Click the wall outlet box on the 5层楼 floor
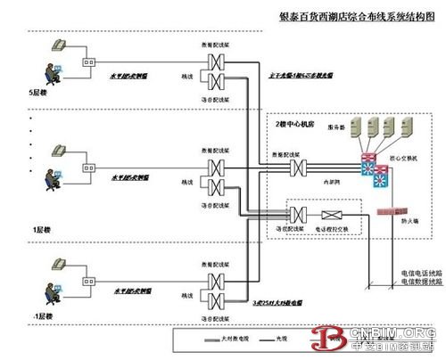pos(89,61)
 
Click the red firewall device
pos(394,212)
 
